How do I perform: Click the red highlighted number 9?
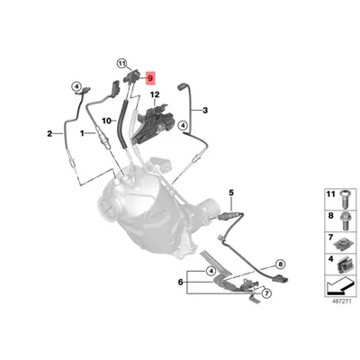150,78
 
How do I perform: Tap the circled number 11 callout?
121,64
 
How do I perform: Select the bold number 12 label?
155,94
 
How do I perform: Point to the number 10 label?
106,121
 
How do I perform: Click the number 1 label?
82,133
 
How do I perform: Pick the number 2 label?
49,133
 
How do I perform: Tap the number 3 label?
205,111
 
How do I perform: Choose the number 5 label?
231,193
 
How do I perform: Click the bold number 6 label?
180,282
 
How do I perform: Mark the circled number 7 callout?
266,292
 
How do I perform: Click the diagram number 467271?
341,301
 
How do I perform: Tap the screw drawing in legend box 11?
345,199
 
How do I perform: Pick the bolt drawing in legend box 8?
345,220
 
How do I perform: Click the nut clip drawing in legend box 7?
344,244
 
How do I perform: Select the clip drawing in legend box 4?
344,265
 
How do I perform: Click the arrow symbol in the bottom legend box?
341,285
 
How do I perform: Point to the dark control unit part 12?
155,123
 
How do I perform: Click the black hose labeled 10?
123,124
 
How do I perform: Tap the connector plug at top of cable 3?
182,87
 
